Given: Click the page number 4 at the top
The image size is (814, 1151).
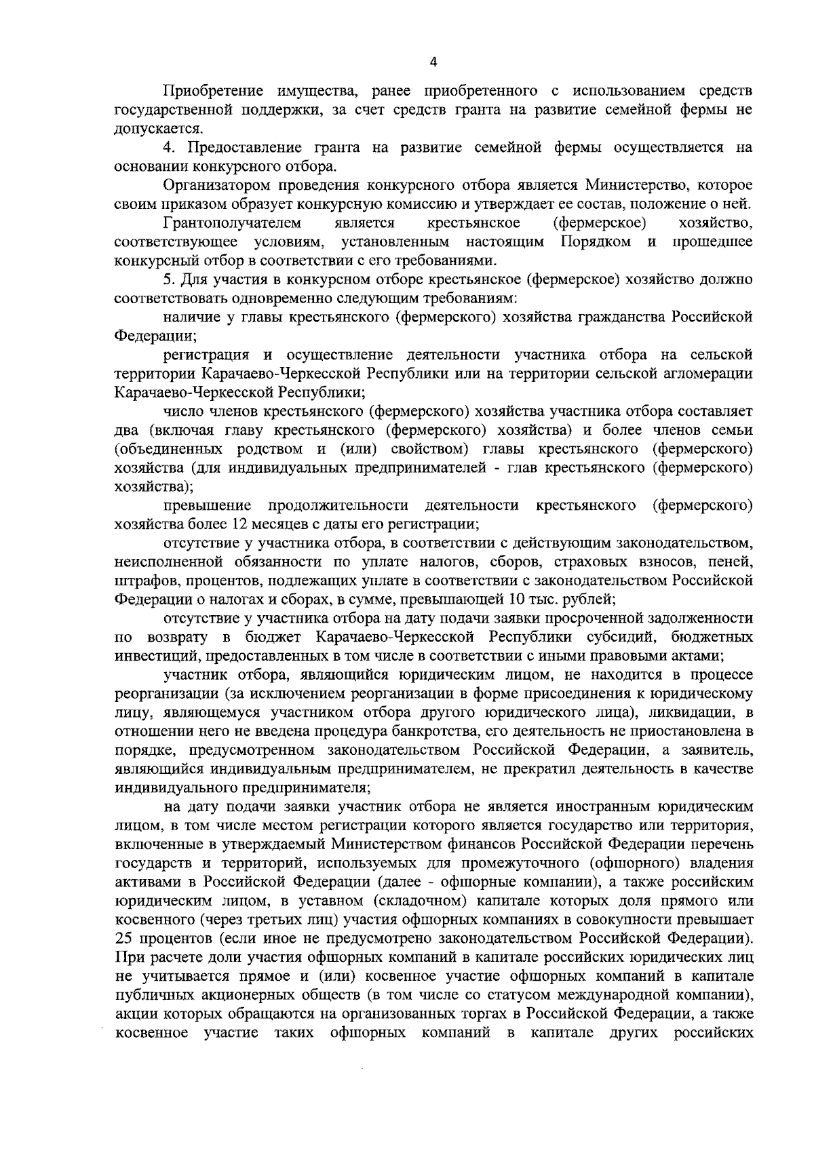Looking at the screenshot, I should coord(434,62).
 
